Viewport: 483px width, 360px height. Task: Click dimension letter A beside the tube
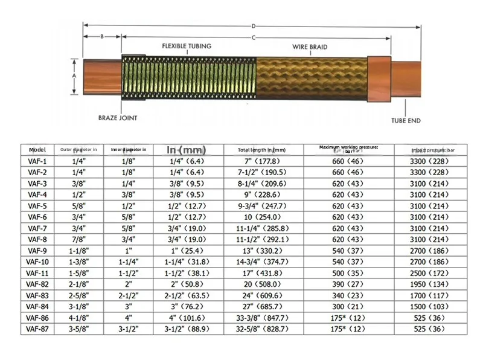pos(74,77)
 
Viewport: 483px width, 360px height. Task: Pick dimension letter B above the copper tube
pos(102,36)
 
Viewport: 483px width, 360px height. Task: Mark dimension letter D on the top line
pos(254,26)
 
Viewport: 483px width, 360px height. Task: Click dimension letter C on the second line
pos(254,37)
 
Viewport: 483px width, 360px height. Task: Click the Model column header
pos(37,149)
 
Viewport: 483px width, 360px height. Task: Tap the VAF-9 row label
pos(37,250)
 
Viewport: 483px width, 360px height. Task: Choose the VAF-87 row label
pos(37,329)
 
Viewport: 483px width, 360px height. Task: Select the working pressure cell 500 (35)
pos(348,272)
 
